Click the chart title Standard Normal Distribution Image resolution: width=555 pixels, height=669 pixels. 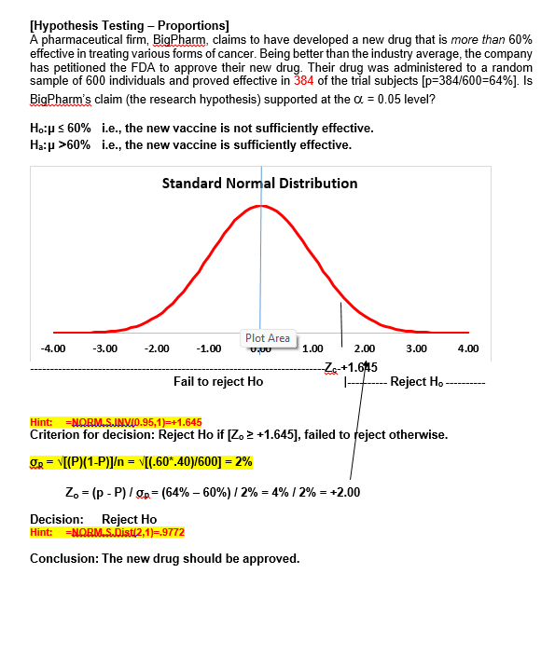(x=259, y=183)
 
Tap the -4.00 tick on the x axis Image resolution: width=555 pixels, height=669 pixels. (x=53, y=348)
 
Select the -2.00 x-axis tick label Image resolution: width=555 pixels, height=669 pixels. (x=158, y=348)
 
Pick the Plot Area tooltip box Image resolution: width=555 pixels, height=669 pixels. (x=268, y=338)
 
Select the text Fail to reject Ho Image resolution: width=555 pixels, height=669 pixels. (x=218, y=381)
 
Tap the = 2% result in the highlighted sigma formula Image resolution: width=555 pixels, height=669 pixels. (x=237, y=461)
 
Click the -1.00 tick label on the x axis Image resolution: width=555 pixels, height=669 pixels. (x=209, y=348)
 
